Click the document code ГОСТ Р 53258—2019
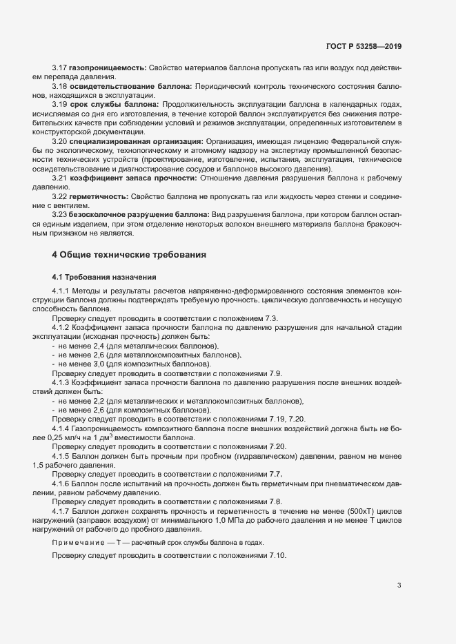click(364, 46)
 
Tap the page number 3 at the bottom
click(399, 586)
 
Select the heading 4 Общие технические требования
click(130, 255)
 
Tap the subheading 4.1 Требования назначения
click(103, 277)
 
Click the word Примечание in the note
click(78, 543)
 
